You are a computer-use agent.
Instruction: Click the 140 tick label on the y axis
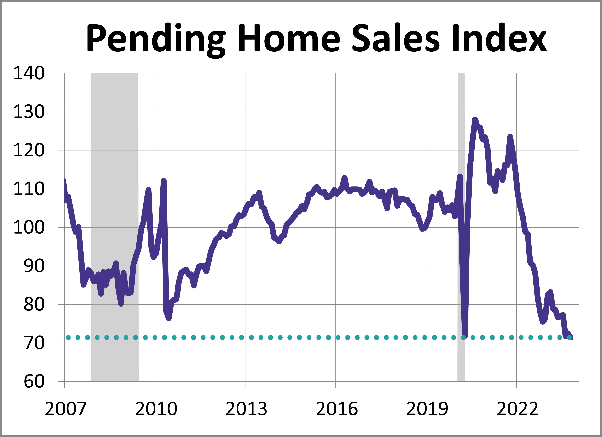pos(29,73)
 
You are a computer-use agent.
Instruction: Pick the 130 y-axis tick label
pos(29,112)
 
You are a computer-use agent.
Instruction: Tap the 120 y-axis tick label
pos(29,150)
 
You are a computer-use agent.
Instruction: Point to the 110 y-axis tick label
pos(29,189)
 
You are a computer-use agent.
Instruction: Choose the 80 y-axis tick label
pos(34,304)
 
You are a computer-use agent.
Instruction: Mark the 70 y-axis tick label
pos(34,343)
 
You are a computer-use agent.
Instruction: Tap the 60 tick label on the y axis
pos(34,382)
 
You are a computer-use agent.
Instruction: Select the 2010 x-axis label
pos(156,409)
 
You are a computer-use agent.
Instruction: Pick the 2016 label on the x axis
pos(337,409)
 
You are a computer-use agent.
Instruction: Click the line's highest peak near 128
pos(475,120)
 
